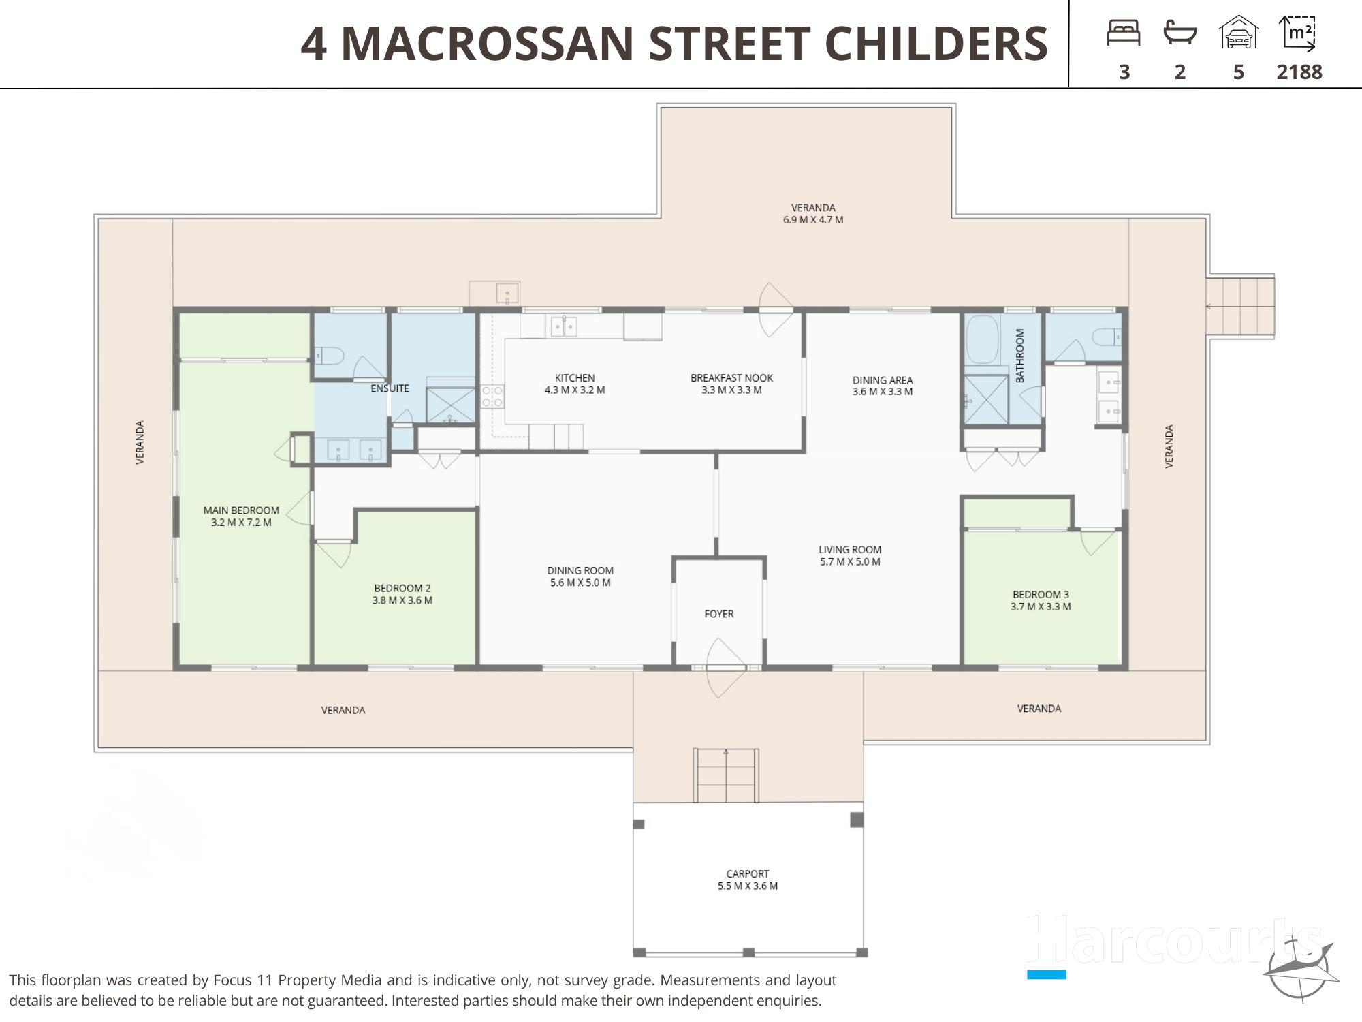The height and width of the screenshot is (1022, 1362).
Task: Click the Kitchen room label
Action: coord(575,377)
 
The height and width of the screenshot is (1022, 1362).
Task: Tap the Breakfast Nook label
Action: coord(731,377)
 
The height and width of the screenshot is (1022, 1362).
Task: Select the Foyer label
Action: coord(719,614)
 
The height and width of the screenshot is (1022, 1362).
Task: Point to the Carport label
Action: coord(748,873)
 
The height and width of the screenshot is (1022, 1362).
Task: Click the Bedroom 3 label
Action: coord(1041,594)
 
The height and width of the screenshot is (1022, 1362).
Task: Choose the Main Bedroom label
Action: coord(241,510)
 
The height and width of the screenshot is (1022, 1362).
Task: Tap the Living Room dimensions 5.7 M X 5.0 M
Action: coord(850,562)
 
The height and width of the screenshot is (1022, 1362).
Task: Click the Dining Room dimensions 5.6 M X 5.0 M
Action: coord(580,583)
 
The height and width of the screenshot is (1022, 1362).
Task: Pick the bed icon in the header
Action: coord(1124,33)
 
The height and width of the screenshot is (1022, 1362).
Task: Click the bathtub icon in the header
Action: coord(1180,33)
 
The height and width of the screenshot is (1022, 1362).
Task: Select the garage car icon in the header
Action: coord(1239,33)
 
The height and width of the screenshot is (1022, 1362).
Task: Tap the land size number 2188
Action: coord(1299,72)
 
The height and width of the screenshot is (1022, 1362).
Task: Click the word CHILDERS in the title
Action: coord(936,44)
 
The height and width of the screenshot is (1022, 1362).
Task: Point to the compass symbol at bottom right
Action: coord(1299,967)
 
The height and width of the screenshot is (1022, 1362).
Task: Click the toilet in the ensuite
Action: coord(330,355)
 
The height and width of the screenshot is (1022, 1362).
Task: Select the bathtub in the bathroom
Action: coord(982,339)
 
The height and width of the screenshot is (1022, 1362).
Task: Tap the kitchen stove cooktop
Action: coord(492,397)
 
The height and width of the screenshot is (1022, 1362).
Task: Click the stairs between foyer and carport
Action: coord(726,775)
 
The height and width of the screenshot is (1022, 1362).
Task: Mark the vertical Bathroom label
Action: coord(1020,356)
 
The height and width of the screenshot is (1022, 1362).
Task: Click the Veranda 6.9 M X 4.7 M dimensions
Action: coord(813,220)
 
